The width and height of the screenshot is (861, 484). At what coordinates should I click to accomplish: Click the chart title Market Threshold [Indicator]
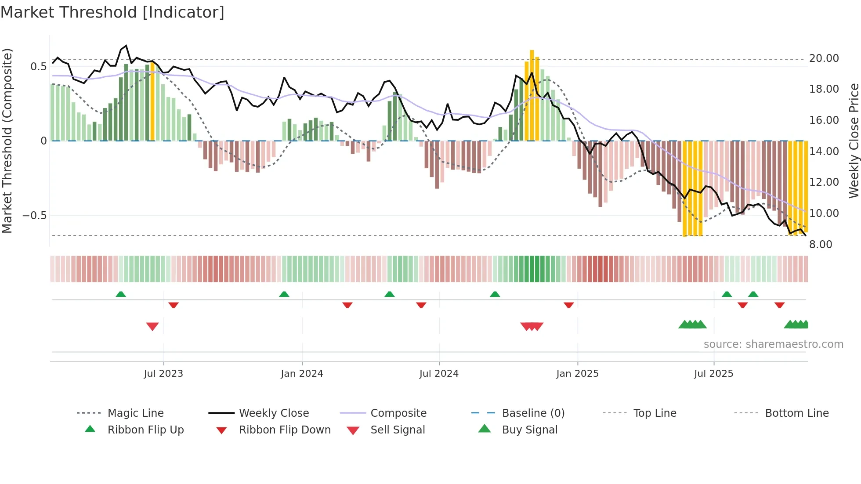(x=112, y=12)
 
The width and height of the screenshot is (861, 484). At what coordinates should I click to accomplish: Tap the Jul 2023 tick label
(x=163, y=374)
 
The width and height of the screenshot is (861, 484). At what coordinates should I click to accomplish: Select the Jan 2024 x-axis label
(x=302, y=374)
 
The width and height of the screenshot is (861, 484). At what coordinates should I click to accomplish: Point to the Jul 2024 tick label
(x=439, y=374)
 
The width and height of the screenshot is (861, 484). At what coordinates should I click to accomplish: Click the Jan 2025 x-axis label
(x=577, y=374)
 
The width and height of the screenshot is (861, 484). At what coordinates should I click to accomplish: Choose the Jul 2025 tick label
(x=713, y=374)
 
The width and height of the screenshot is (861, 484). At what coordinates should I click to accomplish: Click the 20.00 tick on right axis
(x=824, y=58)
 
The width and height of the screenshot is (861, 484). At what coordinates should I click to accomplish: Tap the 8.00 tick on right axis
(x=821, y=245)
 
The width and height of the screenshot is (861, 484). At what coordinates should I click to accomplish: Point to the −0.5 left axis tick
(x=34, y=216)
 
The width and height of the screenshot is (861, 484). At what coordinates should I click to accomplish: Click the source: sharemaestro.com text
(x=773, y=344)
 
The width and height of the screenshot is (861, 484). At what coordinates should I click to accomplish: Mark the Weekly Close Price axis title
(x=854, y=141)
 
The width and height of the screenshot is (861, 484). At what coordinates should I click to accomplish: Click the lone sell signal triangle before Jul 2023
(x=152, y=326)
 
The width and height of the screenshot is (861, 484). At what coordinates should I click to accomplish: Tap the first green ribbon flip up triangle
(x=121, y=294)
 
